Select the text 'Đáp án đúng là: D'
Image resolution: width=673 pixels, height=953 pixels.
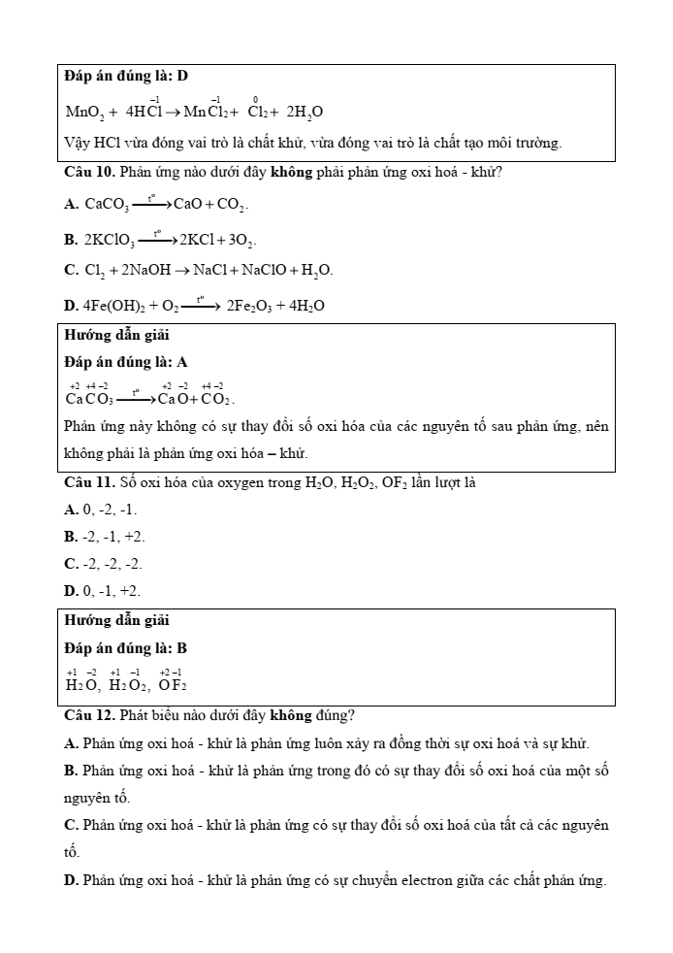pos(126,76)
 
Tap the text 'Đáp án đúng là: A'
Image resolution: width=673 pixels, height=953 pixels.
pos(126,362)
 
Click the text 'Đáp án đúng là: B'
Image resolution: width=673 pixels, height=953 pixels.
pos(126,647)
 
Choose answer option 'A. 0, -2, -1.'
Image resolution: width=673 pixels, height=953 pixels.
pos(101,509)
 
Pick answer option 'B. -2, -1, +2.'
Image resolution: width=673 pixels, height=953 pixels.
pos(105,537)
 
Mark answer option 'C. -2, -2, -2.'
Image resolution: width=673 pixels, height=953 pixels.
pos(103,564)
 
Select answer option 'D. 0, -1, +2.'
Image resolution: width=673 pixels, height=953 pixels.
pos(102,591)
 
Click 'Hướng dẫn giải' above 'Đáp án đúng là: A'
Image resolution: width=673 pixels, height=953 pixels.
pos(116,335)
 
